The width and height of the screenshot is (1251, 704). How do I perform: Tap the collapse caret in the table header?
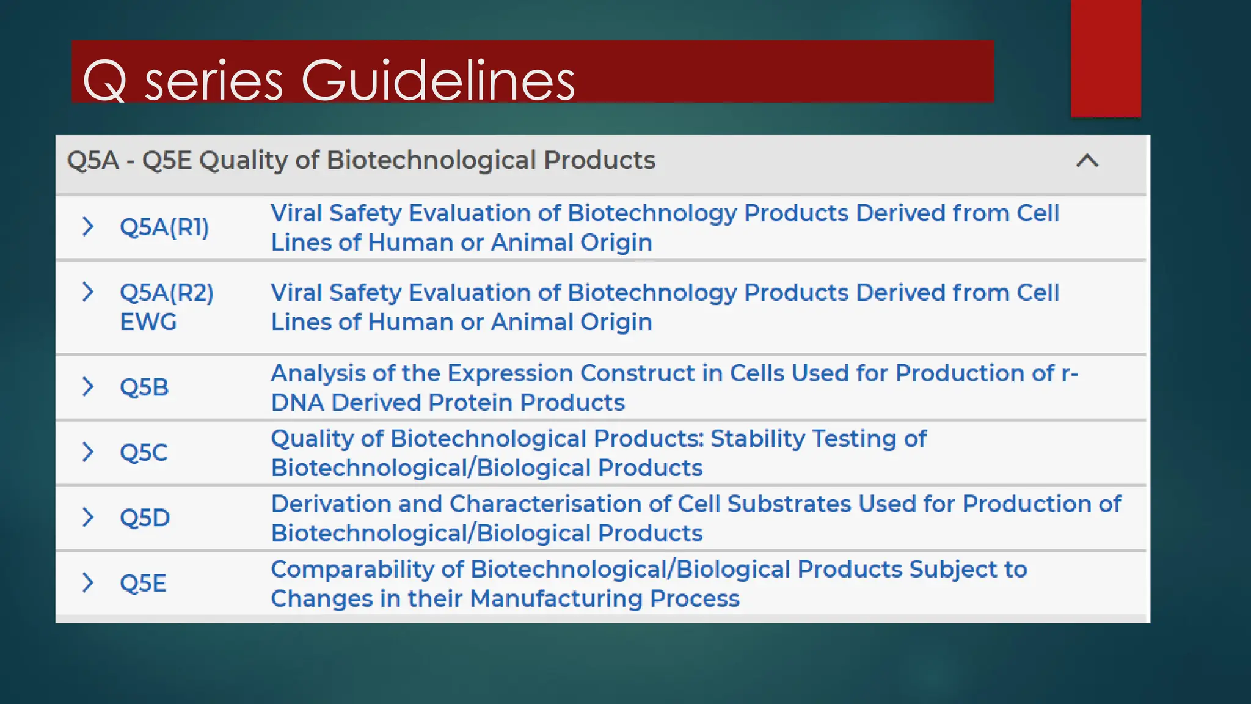point(1087,161)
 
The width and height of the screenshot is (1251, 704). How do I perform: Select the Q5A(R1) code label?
point(164,227)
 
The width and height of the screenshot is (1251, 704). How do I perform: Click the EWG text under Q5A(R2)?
point(148,322)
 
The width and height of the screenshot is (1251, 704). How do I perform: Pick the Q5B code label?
point(144,387)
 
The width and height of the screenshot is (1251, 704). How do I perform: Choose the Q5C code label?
point(144,453)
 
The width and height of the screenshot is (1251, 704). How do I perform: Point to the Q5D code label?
point(145,518)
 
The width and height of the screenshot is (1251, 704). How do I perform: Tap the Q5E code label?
point(143,584)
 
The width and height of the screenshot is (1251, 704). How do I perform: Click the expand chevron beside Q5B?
point(88,387)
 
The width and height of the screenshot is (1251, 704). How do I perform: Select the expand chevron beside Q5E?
point(88,583)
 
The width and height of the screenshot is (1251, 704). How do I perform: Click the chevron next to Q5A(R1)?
point(88,227)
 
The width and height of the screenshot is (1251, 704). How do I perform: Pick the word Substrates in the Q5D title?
point(789,504)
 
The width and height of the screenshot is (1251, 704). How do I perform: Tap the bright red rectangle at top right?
point(1106,58)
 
